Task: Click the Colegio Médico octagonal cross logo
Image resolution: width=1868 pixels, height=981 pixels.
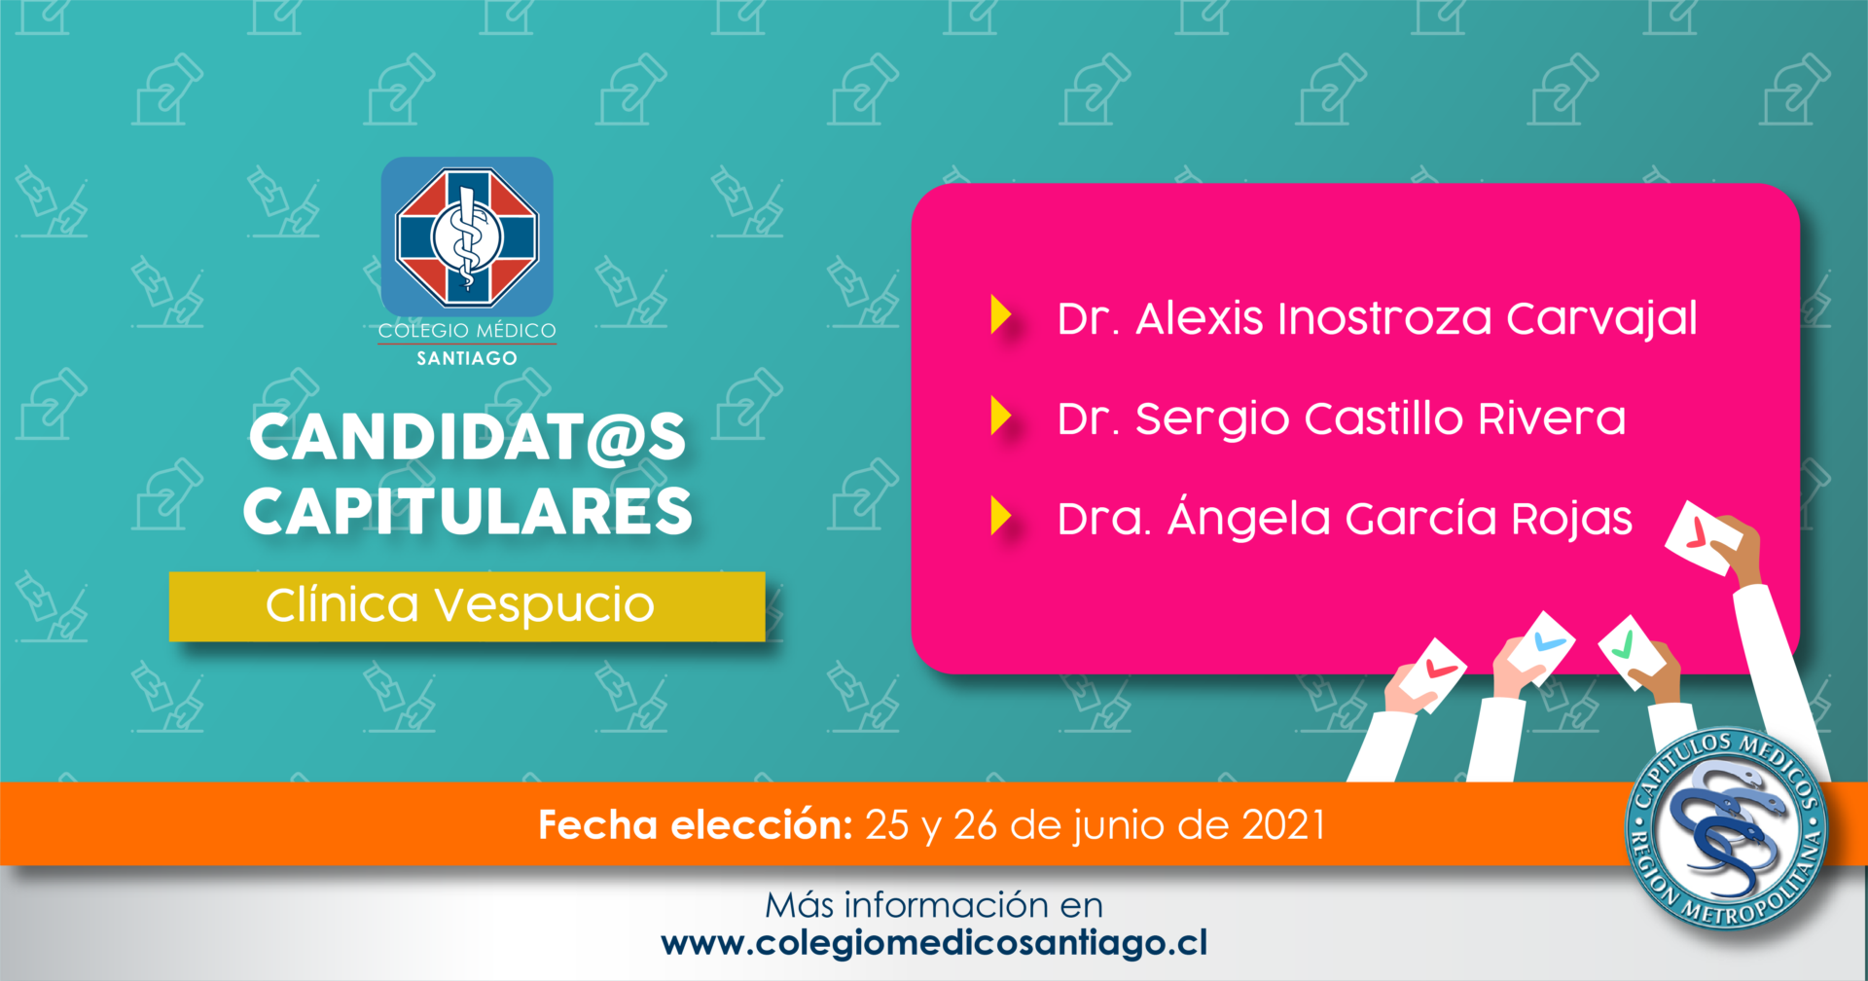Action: point(467,236)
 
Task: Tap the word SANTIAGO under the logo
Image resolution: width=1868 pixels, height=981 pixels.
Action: point(467,358)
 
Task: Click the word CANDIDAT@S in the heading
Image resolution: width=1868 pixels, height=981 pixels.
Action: point(468,437)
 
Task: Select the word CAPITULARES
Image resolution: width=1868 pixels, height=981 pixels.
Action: point(468,511)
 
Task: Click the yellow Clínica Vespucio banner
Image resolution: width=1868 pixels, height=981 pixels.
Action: point(467,606)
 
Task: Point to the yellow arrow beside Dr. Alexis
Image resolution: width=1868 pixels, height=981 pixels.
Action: point(1001,315)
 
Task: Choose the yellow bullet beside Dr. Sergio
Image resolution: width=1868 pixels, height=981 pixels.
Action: point(1001,416)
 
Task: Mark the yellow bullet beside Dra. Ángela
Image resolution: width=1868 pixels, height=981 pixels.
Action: point(1001,516)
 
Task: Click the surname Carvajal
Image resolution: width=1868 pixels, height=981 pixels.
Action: point(1601,320)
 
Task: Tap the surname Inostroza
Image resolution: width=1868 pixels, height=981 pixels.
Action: point(1384,318)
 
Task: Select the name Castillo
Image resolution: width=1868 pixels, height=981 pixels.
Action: point(1383,418)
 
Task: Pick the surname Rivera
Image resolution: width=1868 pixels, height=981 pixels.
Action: point(1552,418)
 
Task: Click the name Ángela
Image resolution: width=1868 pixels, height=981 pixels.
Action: point(1249,518)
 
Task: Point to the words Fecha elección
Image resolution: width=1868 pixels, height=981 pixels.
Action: point(696,824)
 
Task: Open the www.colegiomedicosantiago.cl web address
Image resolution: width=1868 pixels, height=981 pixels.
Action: point(934,943)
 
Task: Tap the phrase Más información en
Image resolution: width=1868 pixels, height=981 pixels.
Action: point(934,905)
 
